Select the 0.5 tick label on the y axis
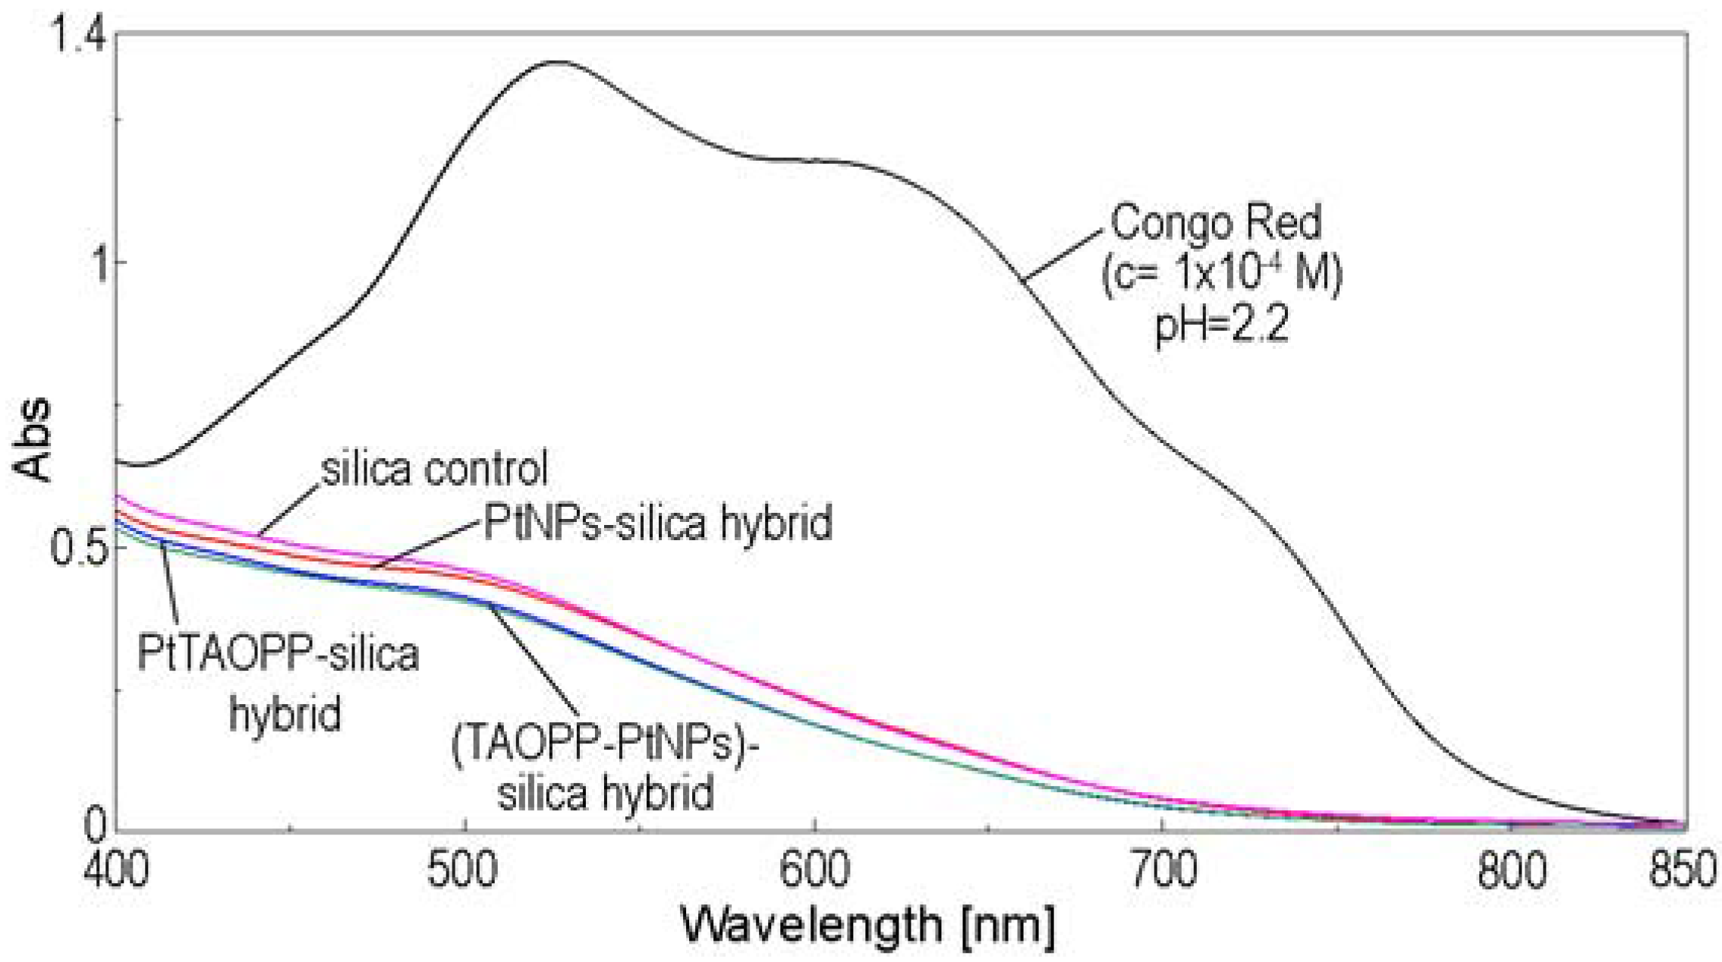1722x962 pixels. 74,548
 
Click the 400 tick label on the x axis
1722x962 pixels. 115,872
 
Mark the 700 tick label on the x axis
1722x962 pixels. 1162,872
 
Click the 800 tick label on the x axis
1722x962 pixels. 1510,872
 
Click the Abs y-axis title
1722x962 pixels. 32,440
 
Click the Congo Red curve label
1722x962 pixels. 1216,222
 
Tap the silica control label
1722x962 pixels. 434,470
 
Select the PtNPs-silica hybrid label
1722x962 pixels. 658,523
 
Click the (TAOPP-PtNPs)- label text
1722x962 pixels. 605,746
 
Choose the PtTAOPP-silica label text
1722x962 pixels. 278,654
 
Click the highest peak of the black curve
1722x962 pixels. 556,62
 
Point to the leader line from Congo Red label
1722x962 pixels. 1062,254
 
